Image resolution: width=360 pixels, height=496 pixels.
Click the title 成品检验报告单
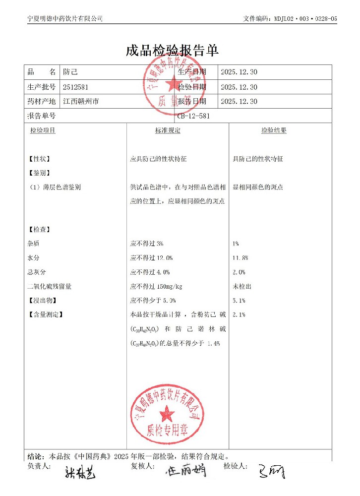coord(173,51)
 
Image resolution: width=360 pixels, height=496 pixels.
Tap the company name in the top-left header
coord(65,18)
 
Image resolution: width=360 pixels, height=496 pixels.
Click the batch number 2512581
coord(76,87)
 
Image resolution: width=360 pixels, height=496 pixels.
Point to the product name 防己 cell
coord(70,72)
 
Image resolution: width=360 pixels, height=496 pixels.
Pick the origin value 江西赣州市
coord(81,101)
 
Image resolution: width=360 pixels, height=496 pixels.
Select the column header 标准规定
coord(168,130)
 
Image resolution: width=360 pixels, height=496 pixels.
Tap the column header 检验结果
coord(274,130)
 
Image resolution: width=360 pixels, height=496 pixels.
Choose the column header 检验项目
coord(43,130)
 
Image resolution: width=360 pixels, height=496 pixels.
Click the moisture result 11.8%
coord(240,258)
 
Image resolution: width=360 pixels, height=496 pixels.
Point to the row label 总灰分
coord(37,272)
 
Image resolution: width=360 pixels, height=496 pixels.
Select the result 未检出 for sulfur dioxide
coord(242,287)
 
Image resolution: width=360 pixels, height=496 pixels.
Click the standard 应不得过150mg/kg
coord(156,287)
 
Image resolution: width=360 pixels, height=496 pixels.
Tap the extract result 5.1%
coord(239,301)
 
